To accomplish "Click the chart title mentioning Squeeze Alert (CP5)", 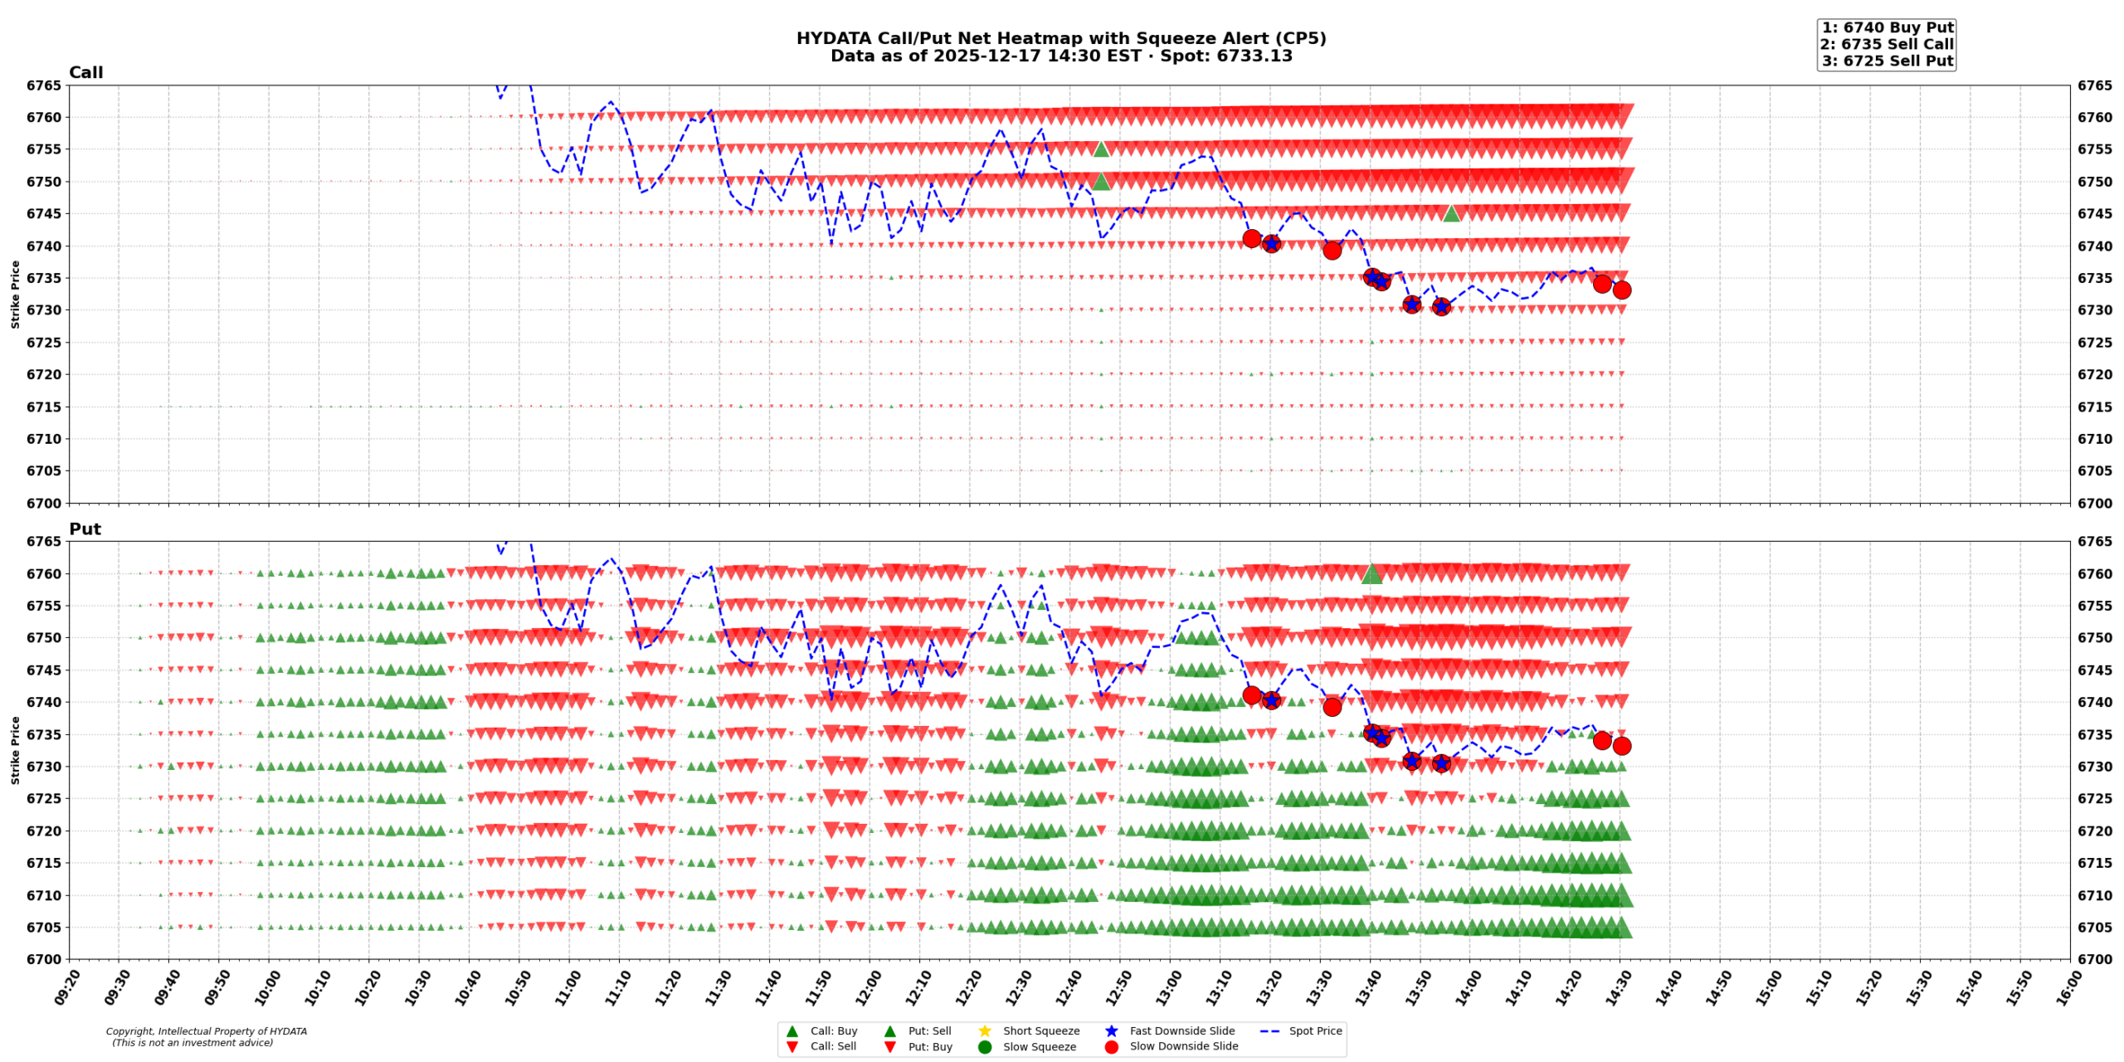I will point(1060,38).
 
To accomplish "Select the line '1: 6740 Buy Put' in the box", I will point(1887,27).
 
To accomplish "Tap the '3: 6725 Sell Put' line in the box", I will point(1887,61).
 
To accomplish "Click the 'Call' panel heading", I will point(85,72).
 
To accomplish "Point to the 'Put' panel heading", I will point(85,529).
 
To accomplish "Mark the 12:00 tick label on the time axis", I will point(867,988).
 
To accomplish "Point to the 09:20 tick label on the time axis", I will point(66,988).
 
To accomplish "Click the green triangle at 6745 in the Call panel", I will point(1451,214).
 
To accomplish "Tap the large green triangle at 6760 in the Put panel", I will point(1371,574).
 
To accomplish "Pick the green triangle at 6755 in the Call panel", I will point(1101,149).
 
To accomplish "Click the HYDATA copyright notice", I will point(206,1036).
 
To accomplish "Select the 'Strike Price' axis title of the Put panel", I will point(16,750).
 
